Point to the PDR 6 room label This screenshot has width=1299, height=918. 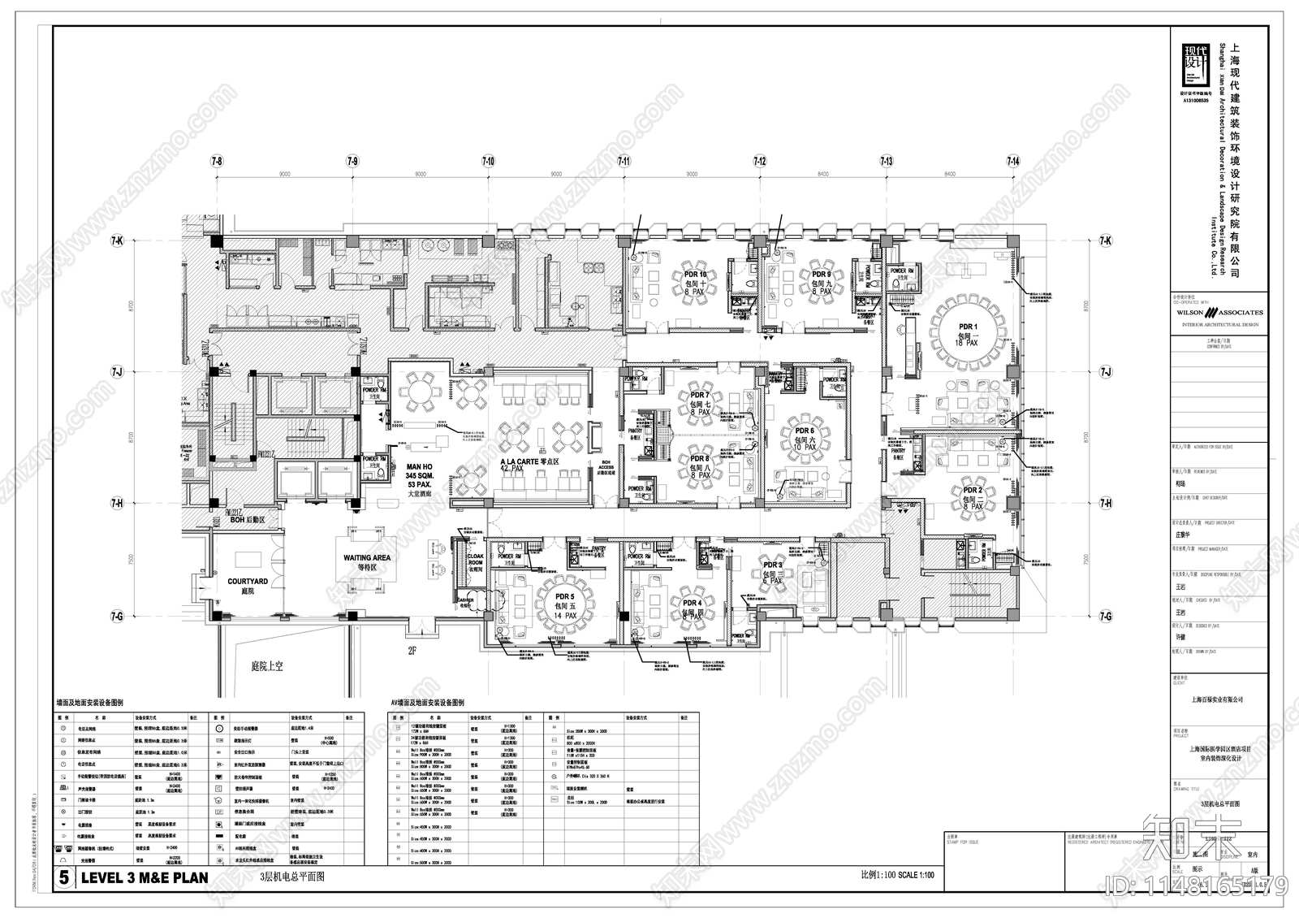804,431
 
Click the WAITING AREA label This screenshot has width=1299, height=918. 366,558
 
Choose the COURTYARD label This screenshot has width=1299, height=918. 248,582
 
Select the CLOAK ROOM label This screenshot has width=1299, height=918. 475,558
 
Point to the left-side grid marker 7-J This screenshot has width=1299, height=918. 117,371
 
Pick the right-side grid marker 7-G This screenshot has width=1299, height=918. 1105,617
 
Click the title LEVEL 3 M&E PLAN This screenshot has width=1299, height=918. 143,877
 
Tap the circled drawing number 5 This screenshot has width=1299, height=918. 64,877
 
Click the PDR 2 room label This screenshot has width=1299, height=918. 973,491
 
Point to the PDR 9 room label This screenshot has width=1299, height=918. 821,275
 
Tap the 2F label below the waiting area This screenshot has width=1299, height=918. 412,650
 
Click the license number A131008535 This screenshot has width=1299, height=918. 1195,100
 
